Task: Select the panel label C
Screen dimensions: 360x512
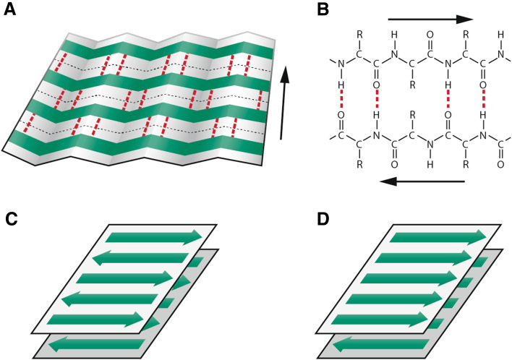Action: tap(10, 215)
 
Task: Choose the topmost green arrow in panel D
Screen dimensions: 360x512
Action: tap(438, 237)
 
